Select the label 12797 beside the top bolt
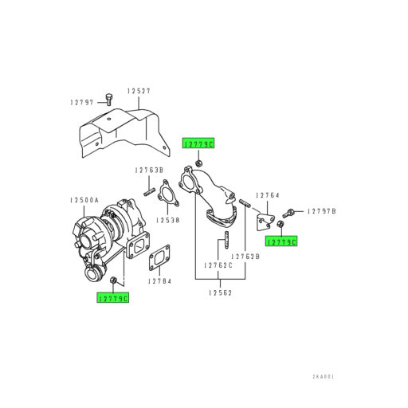[81, 102]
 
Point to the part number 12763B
[148, 171]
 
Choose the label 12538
[167, 219]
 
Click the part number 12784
[159, 281]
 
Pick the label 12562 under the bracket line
[221, 293]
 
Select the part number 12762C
[218, 265]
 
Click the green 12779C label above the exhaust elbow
[198, 143]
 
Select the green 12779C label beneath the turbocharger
[112, 297]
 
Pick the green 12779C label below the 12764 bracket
[281, 241]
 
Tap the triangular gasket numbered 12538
[166, 196]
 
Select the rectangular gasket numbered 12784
[159, 256]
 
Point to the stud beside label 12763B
[149, 190]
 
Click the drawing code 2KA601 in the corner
[324, 377]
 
